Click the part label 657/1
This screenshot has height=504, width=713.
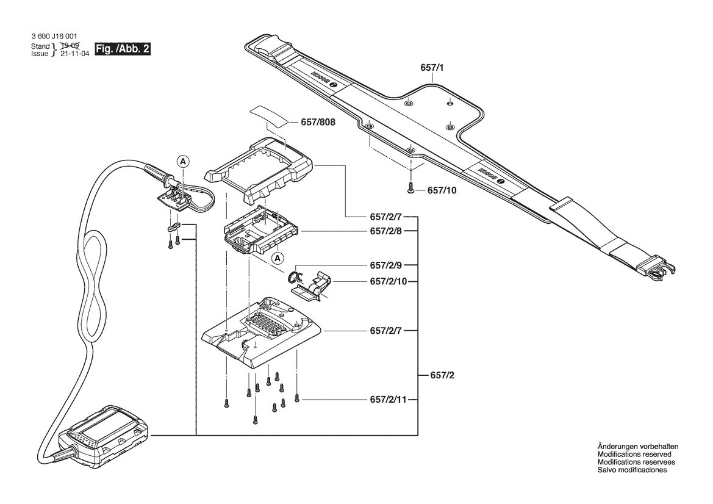pyautogui.click(x=432, y=68)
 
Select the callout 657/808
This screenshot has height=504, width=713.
pyautogui.click(x=318, y=123)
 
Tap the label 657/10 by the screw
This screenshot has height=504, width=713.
pyautogui.click(x=442, y=190)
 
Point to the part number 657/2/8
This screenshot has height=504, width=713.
pyautogui.click(x=386, y=231)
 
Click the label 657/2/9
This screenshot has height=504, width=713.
pyautogui.click(x=386, y=265)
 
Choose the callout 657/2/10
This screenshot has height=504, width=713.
pyautogui.click(x=389, y=281)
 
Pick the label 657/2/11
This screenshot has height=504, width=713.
pyautogui.click(x=389, y=400)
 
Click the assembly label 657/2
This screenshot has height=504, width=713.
pyautogui.click(x=442, y=375)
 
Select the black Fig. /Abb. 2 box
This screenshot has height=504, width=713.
pyautogui.click(x=122, y=49)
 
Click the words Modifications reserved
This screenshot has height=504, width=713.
pyautogui.click(x=634, y=454)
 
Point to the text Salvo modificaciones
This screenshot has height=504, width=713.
pyautogui.click(x=632, y=469)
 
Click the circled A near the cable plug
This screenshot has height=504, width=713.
pyautogui.click(x=183, y=161)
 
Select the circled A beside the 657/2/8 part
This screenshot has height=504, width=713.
pyautogui.click(x=278, y=258)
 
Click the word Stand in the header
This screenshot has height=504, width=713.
pyautogui.click(x=40, y=46)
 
